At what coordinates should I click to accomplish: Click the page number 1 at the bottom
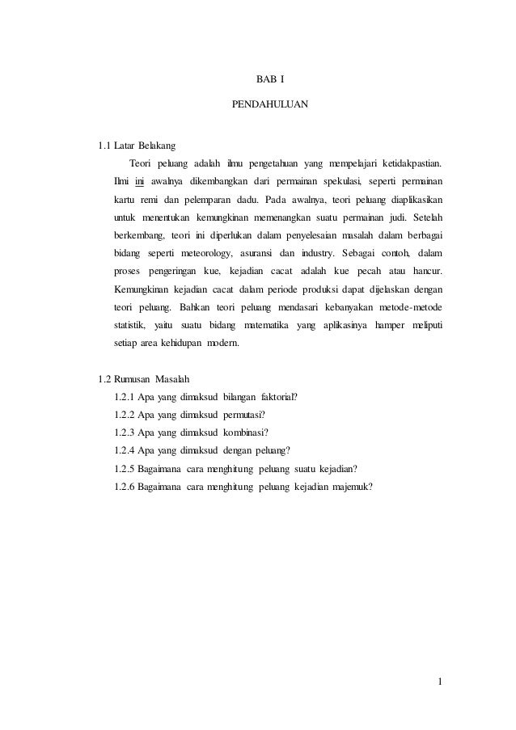coord(440,686)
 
